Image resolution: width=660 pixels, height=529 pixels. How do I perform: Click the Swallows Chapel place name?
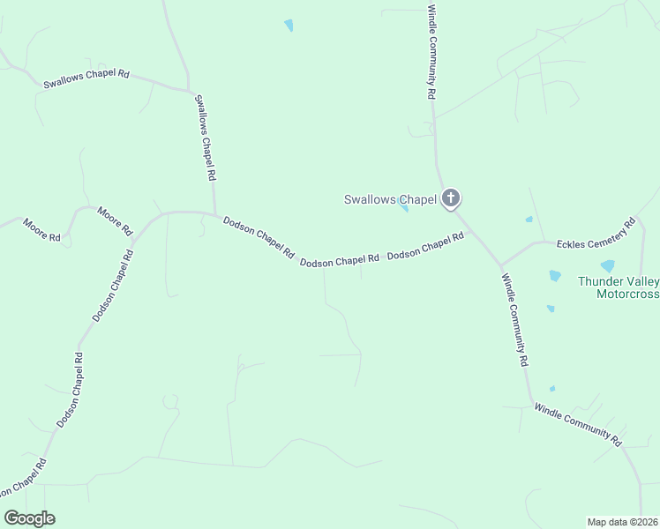(390, 199)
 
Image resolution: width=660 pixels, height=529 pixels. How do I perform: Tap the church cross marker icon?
(451, 197)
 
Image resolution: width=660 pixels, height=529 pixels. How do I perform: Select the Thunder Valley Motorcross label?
(618, 287)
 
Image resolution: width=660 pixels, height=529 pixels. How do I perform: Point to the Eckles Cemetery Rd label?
(596, 235)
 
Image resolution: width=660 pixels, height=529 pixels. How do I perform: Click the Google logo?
(29, 518)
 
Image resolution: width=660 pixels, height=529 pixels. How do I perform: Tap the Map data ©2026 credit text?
(622, 521)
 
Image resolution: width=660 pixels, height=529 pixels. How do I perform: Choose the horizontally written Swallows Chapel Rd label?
(86, 79)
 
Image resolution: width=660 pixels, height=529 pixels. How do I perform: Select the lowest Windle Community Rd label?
(579, 423)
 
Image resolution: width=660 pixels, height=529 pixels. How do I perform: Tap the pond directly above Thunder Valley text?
(607, 265)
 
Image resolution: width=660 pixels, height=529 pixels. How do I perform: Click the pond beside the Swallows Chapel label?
(404, 208)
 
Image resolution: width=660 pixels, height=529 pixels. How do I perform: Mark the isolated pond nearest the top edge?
(289, 26)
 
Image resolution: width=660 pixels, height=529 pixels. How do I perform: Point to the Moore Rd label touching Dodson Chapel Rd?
(115, 220)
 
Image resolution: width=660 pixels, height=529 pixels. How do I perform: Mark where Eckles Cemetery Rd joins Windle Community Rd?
(500, 264)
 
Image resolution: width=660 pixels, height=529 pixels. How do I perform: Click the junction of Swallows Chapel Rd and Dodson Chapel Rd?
(214, 213)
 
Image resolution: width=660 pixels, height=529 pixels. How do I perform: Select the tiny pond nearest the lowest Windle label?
(552, 388)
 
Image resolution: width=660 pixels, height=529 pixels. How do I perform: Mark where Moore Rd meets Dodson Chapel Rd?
(137, 231)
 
